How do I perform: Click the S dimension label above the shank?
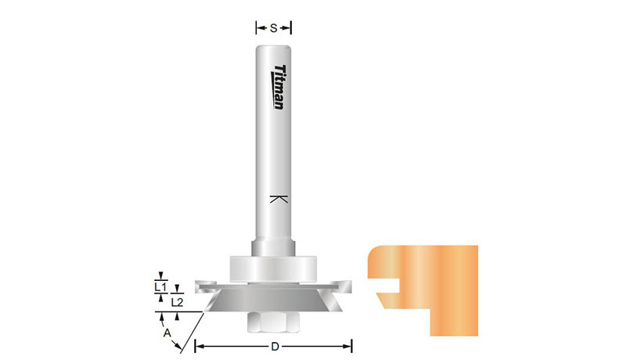point(273,28)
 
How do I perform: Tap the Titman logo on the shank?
point(280,87)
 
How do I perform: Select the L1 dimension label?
point(160,286)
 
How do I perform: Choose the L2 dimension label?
point(177,303)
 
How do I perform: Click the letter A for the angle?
point(167,333)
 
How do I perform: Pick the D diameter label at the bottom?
point(275,347)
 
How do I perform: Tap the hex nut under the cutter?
point(273,322)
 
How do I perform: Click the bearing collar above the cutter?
point(273,269)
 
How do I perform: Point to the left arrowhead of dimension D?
point(200,346)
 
